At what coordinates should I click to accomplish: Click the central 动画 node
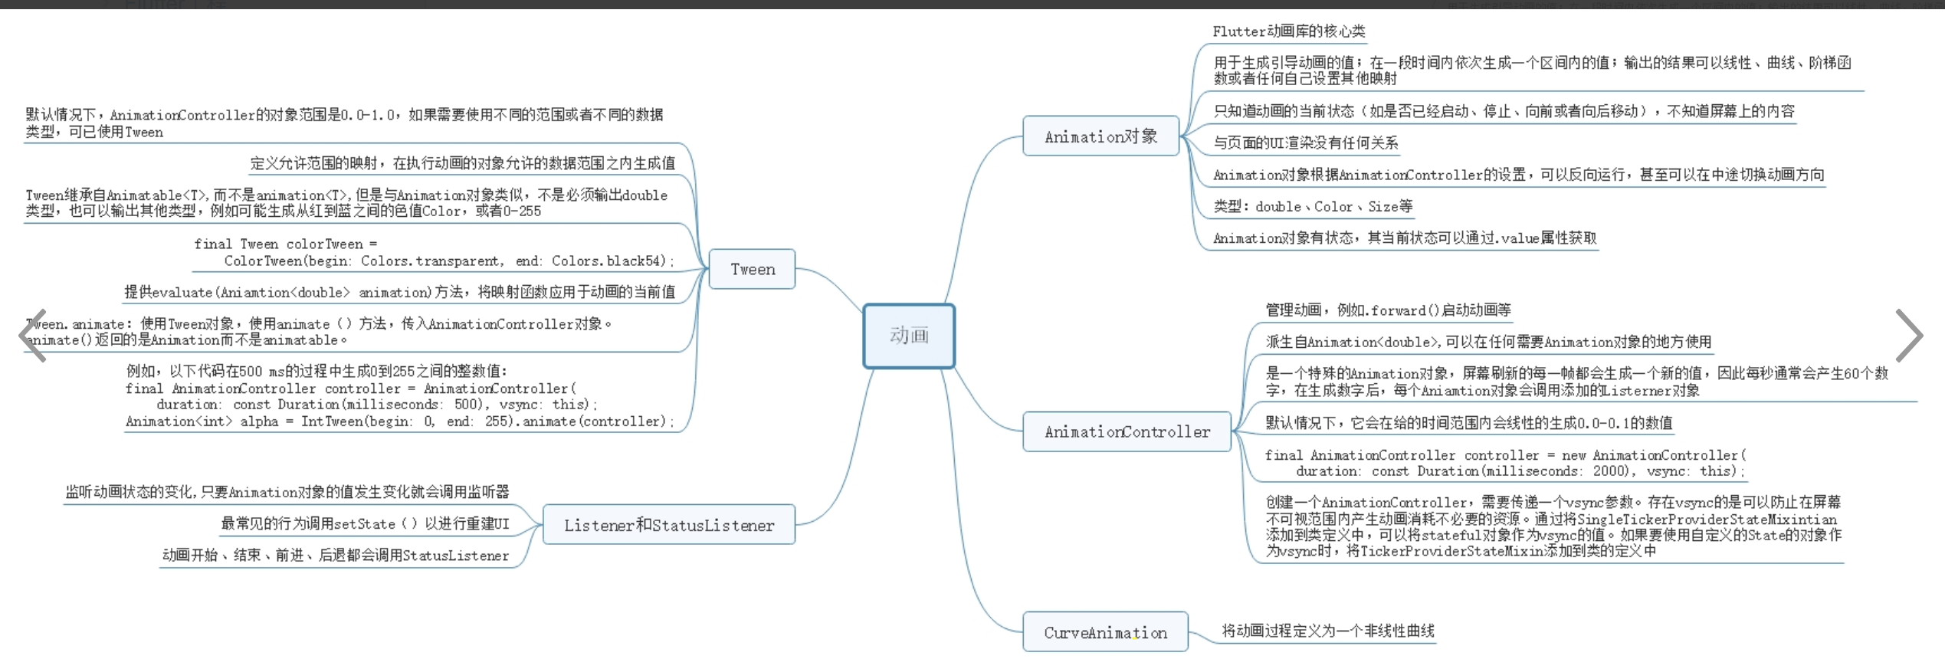pyautogui.click(x=909, y=336)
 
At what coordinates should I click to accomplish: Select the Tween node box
pyautogui.click(x=752, y=269)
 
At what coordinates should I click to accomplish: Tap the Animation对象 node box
pyautogui.click(x=1100, y=136)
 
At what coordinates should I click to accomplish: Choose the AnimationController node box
pyautogui.click(x=1127, y=431)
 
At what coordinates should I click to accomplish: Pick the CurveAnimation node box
pyautogui.click(x=1105, y=632)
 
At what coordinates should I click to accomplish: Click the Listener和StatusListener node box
pyautogui.click(x=668, y=525)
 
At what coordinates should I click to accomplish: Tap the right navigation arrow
pyautogui.click(x=1908, y=335)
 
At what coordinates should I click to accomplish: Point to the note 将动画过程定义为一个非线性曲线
pyautogui.click(x=1327, y=631)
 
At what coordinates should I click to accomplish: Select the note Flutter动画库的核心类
pyautogui.click(x=1288, y=31)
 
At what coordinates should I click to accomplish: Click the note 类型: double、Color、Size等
pyautogui.click(x=1313, y=206)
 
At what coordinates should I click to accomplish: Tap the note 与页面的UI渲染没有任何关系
pyautogui.click(x=1305, y=143)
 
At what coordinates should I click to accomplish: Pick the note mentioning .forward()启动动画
pyautogui.click(x=1388, y=310)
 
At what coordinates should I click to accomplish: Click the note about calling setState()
pyautogui.click(x=365, y=523)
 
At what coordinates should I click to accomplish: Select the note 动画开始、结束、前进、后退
pyautogui.click(x=335, y=555)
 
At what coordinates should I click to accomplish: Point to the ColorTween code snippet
pyautogui.click(x=434, y=253)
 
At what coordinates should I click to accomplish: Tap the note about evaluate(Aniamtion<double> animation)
pyautogui.click(x=399, y=292)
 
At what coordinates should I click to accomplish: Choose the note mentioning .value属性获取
pyautogui.click(x=1405, y=238)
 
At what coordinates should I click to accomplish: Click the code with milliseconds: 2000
pyautogui.click(x=1504, y=463)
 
